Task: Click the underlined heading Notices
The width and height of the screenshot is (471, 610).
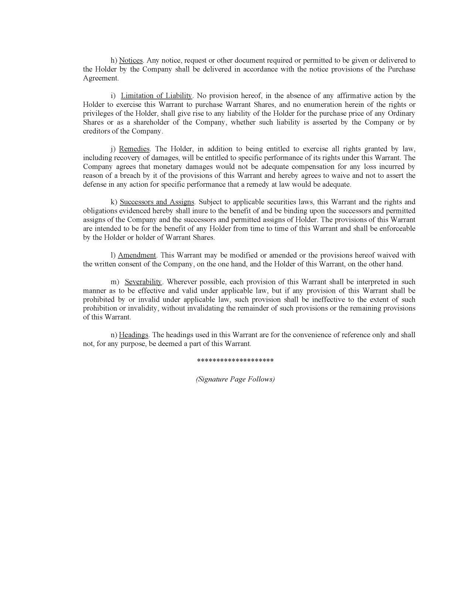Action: [131, 61]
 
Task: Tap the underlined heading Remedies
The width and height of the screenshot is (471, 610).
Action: [134, 149]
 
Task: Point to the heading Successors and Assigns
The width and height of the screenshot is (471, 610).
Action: [157, 202]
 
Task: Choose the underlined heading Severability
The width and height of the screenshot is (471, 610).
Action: [143, 282]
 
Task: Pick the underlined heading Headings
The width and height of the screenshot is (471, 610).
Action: [133, 335]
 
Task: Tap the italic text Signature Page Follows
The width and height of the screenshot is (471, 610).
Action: [235, 379]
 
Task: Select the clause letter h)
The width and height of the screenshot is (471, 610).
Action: [114, 61]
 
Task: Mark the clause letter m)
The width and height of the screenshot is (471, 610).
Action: [115, 282]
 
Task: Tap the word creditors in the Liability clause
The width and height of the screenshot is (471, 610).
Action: [96, 131]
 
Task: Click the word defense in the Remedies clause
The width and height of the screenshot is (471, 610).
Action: [95, 184]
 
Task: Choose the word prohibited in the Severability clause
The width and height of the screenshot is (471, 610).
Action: [99, 300]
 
